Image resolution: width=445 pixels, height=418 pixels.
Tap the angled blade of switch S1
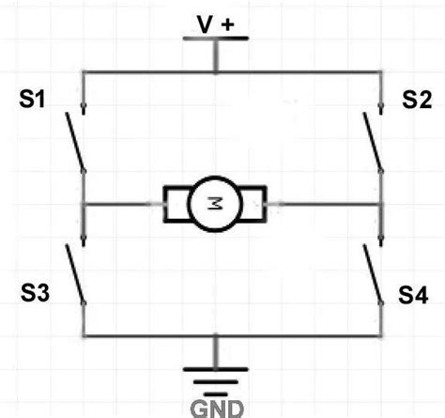[x=74, y=142]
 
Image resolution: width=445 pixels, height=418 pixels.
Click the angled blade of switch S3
[x=75, y=274]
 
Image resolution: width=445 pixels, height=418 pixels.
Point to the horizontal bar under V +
[x=215, y=39]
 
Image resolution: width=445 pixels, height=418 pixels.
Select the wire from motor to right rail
[x=324, y=202]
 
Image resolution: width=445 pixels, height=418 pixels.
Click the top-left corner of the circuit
[x=84, y=72]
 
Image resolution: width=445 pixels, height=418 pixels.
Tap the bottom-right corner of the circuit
[x=383, y=335]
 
